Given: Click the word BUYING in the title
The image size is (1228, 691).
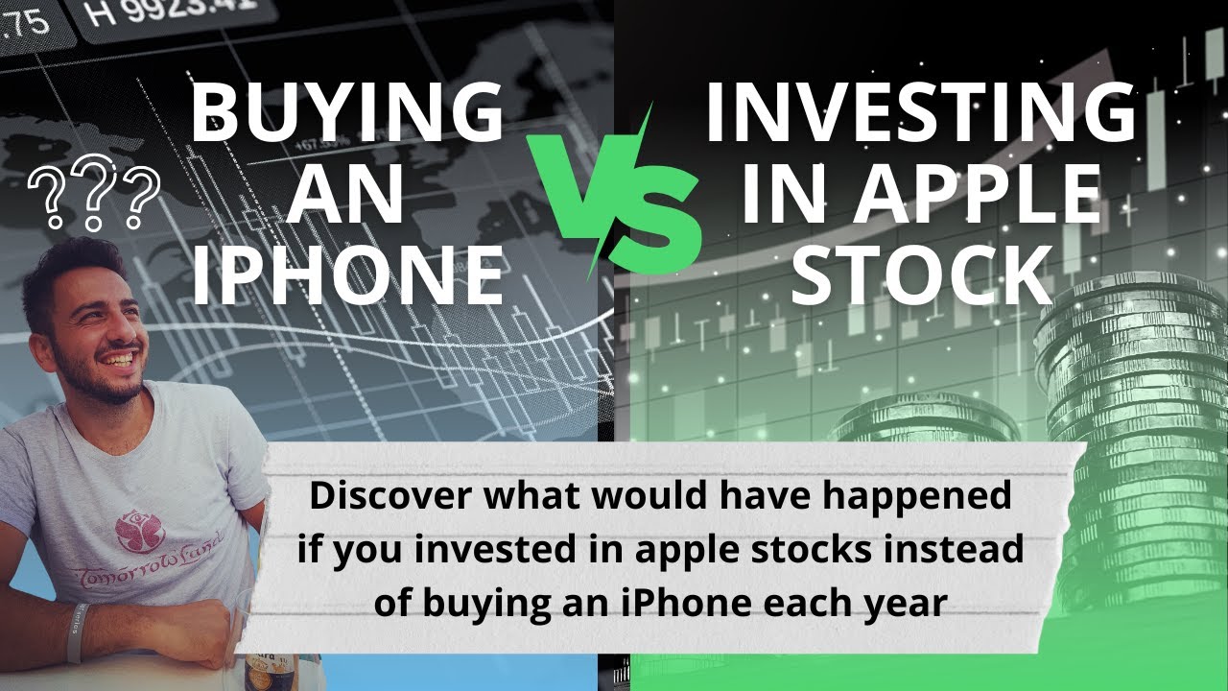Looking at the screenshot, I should click(346, 112).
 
